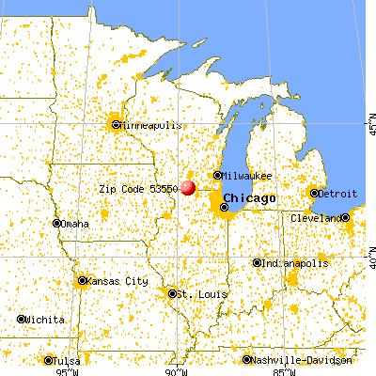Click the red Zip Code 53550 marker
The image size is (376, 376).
point(188,187)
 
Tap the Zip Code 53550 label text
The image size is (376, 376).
point(137,188)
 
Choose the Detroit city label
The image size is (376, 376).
point(337,193)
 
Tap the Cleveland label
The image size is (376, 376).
point(318,218)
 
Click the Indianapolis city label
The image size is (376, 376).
point(295,262)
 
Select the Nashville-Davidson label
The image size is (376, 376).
point(302,360)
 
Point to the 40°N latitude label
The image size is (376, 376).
point(369,253)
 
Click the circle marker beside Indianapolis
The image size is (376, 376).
point(257,262)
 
